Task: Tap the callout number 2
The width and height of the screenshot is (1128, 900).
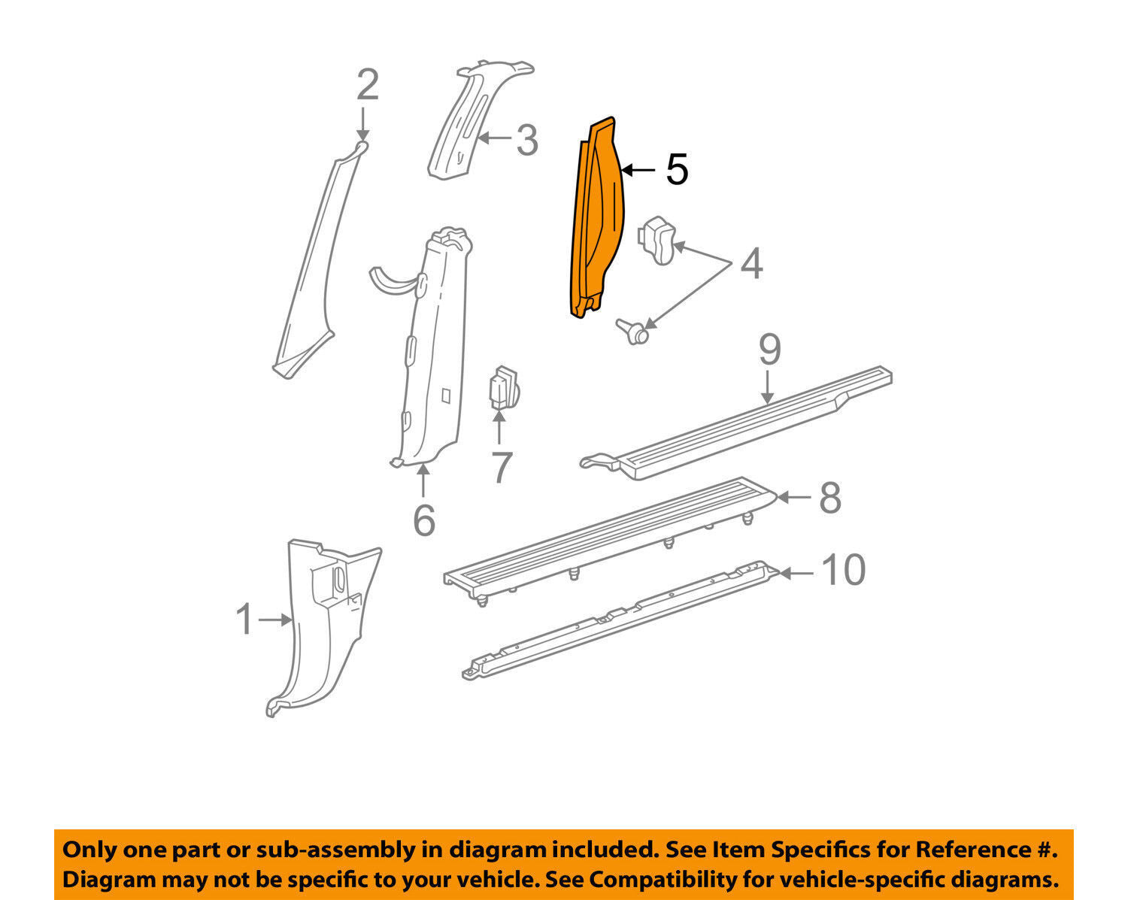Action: tap(368, 85)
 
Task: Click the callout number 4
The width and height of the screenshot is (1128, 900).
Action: tap(751, 264)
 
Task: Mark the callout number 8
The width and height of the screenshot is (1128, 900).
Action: tap(830, 498)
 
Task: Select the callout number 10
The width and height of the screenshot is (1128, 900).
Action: tap(844, 570)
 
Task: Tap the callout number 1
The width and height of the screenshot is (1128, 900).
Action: tap(244, 619)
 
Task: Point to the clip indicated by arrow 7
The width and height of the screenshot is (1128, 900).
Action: tap(504, 388)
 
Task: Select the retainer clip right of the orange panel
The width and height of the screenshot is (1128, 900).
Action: tap(656, 241)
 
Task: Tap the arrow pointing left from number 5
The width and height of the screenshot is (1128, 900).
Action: tap(638, 170)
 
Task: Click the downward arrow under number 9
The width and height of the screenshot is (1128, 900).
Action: tap(767, 387)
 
